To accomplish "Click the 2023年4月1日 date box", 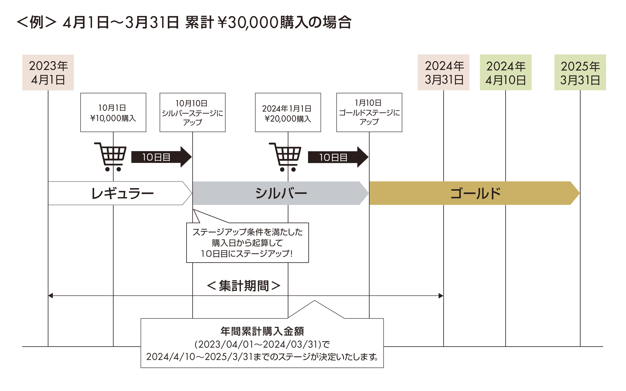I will point(48,72).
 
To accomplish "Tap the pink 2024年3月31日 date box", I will point(443,72).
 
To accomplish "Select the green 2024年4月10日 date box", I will point(505,72).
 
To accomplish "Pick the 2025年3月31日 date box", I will point(580,72).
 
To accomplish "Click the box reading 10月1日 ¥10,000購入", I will point(113,112).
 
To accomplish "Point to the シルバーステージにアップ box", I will point(192,112).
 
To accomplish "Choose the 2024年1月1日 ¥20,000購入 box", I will point(288,112).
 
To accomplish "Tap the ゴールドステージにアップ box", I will point(369,112).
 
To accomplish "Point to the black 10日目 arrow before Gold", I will point(338,157).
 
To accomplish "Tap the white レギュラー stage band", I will point(120,193).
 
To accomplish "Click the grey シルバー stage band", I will point(280,193).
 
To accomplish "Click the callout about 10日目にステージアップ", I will point(247,243).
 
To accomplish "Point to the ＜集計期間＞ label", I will point(244,286).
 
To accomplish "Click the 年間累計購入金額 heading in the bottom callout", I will point(262,331).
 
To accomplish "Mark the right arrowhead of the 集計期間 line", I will point(441,296).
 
